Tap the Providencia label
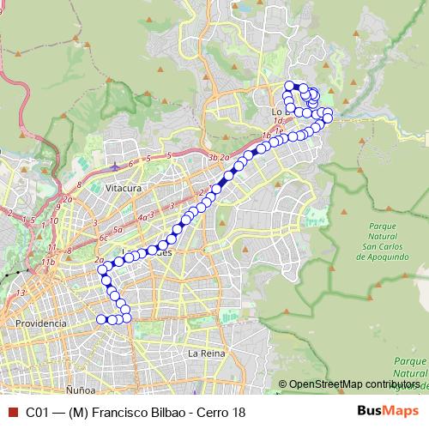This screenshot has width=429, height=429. (40, 323)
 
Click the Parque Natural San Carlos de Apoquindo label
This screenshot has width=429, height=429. (379, 240)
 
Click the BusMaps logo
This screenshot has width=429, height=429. (391, 412)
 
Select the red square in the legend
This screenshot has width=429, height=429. (10, 412)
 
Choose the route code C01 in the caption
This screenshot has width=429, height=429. (37, 412)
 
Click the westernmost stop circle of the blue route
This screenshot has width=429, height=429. (100, 319)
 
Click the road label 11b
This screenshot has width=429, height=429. (48, 261)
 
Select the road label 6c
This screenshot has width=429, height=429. (104, 238)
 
